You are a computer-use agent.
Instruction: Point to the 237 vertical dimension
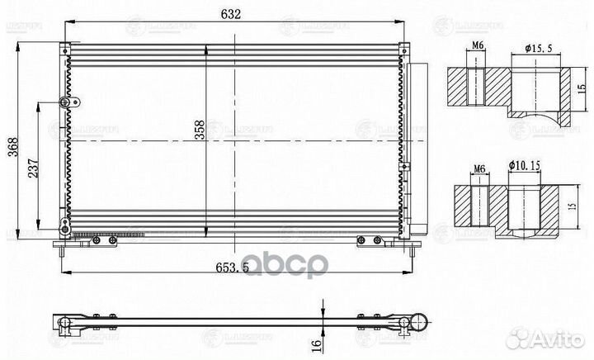[x=31, y=170]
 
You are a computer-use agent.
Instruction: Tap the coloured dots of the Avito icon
[x=521, y=337]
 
